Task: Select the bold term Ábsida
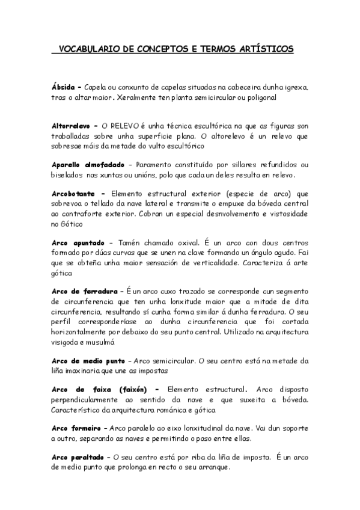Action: tap(63, 87)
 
